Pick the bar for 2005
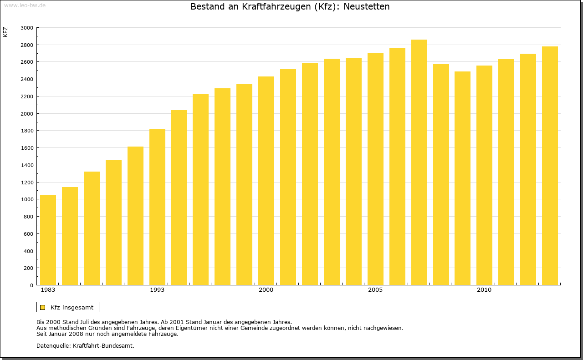(x=375, y=169)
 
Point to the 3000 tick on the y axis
(x=27, y=28)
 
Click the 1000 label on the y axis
(x=27, y=199)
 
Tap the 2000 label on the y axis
(x=27, y=114)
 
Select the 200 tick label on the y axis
(x=29, y=268)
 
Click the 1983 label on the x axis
(x=48, y=290)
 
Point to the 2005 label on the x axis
(x=375, y=290)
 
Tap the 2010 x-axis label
(x=484, y=290)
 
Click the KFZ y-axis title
(x=5, y=32)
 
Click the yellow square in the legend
(x=42, y=307)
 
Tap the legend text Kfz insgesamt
(x=72, y=307)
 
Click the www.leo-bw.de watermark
(x=25, y=5)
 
